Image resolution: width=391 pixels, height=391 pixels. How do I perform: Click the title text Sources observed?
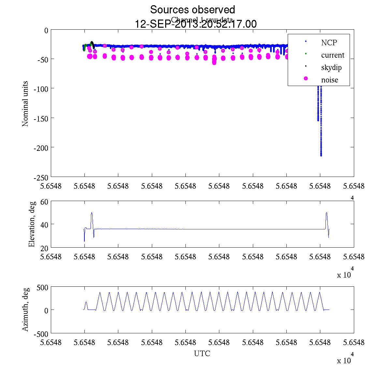[x=192, y=10]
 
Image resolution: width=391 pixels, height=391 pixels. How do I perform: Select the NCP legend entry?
[x=329, y=42]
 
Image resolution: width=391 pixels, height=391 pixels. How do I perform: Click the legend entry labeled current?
[x=332, y=55]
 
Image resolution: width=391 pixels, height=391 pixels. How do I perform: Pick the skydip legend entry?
[x=331, y=68]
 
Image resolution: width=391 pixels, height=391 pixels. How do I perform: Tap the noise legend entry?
[x=329, y=80]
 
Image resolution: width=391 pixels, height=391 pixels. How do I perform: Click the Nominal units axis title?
[x=25, y=104]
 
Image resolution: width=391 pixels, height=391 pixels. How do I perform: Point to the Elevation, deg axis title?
[x=32, y=224]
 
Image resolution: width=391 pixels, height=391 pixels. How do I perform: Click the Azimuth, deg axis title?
[x=25, y=310]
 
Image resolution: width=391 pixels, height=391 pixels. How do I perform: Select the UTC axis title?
[x=202, y=354]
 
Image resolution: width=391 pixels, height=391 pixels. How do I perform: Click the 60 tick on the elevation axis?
[x=44, y=202]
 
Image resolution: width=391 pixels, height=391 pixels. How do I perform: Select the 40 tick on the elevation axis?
[x=44, y=224]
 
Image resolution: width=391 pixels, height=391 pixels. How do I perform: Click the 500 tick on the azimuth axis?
[x=42, y=287]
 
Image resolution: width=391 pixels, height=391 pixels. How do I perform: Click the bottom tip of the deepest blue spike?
[x=321, y=155]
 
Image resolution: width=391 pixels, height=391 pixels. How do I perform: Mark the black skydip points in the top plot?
[x=92, y=44]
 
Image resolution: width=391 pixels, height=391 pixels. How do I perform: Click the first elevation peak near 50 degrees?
[x=92, y=213]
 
